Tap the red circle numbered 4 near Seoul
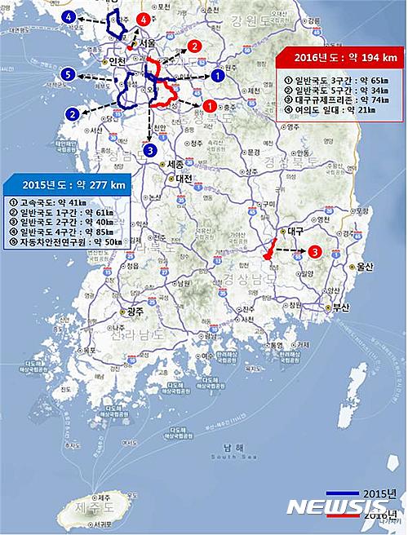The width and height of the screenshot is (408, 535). (x=144, y=18)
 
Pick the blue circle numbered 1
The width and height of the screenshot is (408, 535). (x=217, y=75)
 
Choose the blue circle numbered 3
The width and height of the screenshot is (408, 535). (x=149, y=150)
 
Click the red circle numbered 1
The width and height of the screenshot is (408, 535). (x=209, y=105)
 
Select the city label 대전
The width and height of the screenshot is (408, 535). (x=183, y=178)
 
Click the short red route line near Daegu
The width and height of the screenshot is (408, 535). (x=269, y=249)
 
